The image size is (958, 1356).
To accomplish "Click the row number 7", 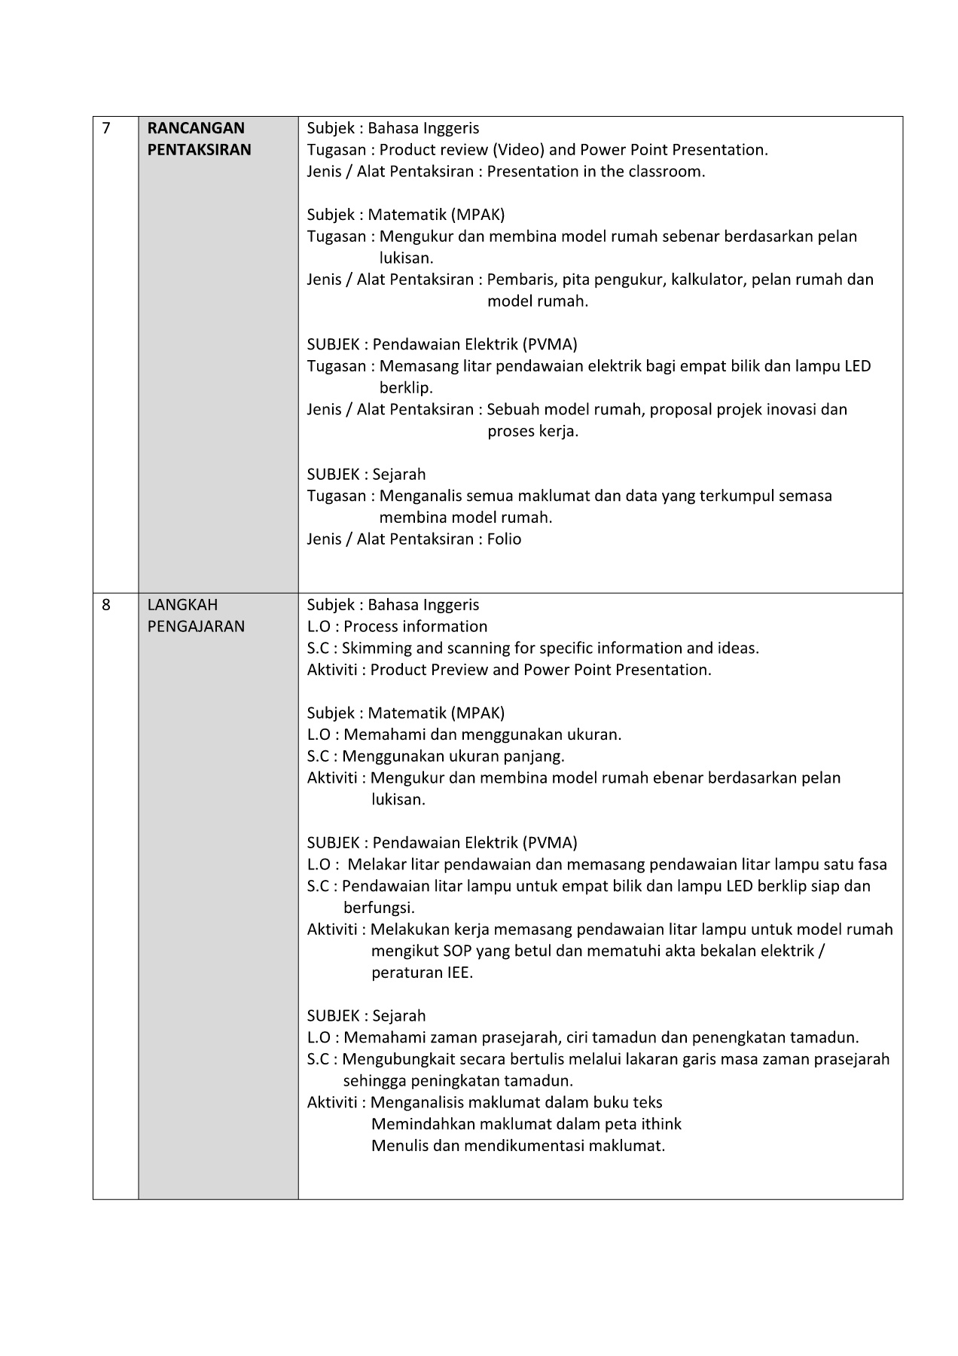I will pyautogui.click(x=106, y=128).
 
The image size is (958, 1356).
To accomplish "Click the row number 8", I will pyautogui.click(x=106, y=605).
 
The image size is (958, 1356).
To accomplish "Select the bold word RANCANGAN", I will pyautogui.click(x=196, y=128).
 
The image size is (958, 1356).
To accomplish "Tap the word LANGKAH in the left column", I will pyautogui.click(x=182, y=605).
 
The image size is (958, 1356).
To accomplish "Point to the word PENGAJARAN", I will pyautogui.click(x=196, y=627).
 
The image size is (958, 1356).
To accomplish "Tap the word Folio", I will pyautogui.click(x=504, y=539).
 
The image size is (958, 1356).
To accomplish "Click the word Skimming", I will pyautogui.click(x=377, y=649).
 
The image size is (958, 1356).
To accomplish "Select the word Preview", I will pyautogui.click(x=462, y=670).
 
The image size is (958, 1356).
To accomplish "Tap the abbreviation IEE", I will pyautogui.click(x=459, y=973).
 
